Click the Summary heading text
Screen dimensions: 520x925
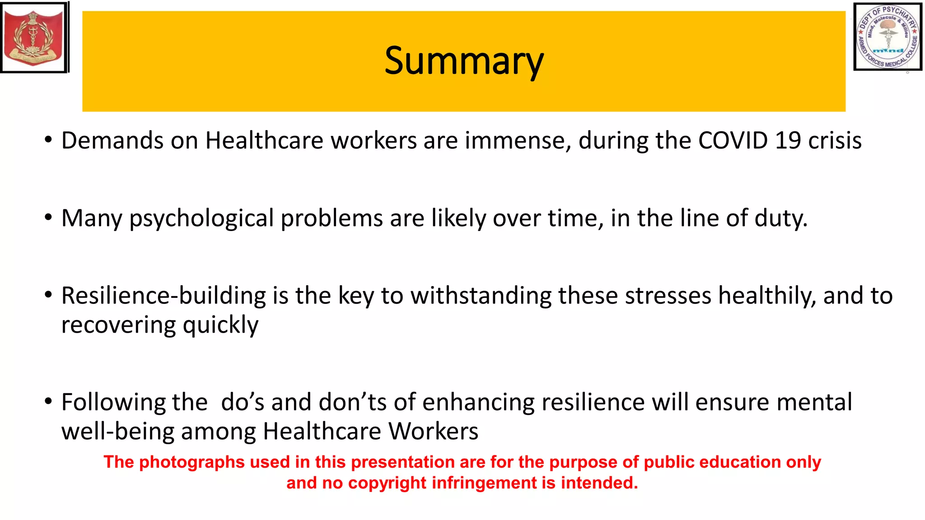pyautogui.click(x=464, y=61)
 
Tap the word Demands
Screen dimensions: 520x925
pyautogui.click(x=112, y=140)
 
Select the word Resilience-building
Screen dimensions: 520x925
pyautogui.click(x=164, y=296)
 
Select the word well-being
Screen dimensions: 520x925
pyautogui.click(x=117, y=432)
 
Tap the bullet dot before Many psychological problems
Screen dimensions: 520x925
pyautogui.click(x=48, y=218)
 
